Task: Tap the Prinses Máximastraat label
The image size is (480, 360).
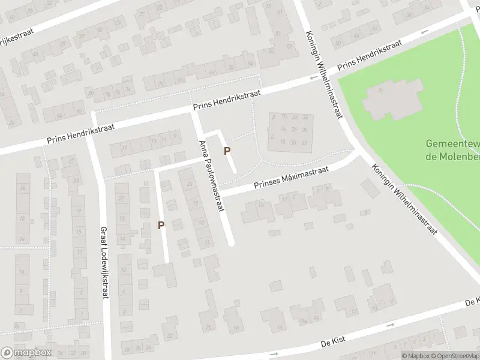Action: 291,178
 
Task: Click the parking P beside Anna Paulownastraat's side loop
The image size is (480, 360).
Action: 227,151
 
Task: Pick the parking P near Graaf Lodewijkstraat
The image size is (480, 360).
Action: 161,225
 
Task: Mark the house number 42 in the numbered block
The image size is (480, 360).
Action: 304,143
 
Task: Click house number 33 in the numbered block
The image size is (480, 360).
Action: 304,116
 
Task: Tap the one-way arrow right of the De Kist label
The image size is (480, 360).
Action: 390,325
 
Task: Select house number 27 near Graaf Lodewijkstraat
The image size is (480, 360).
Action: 73,161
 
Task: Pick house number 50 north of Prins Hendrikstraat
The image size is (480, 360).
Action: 339,43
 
